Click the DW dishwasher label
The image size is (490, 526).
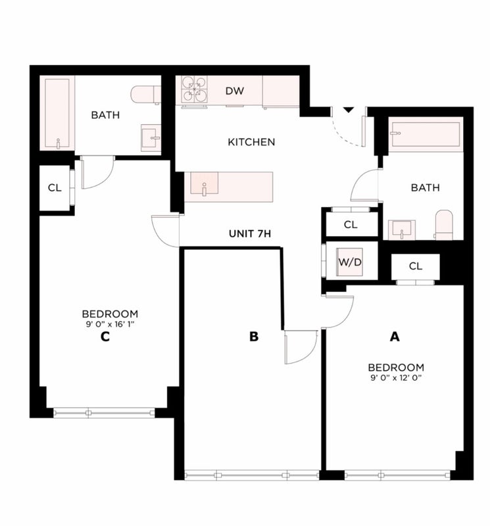pyautogui.click(x=235, y=91)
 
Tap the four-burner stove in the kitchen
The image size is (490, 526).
pyautogui.click(x=194, y=89)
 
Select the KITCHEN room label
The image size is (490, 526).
pyautogui.click(x=251, y=142)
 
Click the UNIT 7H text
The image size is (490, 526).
pyautogui.click(x=250, y=233)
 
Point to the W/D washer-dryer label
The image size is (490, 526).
pyautogui.click(x=350, y=262)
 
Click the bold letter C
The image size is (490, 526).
pyautogui.click(x=105, y=337)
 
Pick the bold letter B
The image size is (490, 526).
pyautogui.click(x=254, y=337)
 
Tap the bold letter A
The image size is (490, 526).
pyautogui.click(x=395, y=337)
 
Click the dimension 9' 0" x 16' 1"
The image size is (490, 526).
pyautogui.click(x=110, y=324)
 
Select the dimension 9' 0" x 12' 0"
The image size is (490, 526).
pyautogui.click(x=396, y=377)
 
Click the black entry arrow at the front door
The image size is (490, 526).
pyautogui.click(x=349, y=110)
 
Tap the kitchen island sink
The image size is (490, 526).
pyautogui.click(x=204, y=183)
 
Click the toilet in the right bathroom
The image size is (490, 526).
pyautogui.click(x=444, y=225)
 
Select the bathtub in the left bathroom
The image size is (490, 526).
pyautogui.click(x=57, y=113)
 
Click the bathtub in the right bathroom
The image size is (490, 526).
pyautogui.click(x=426, y=134)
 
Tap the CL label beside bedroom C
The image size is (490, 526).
pyautogui.click(x=55, y=188)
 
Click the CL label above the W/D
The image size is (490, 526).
pyautogui.click(x=351, y=225)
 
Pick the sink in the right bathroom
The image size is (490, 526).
pyautogui.click(x=402, y=229)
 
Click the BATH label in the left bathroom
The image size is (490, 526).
pyautogui.click(x=105, y=115)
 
